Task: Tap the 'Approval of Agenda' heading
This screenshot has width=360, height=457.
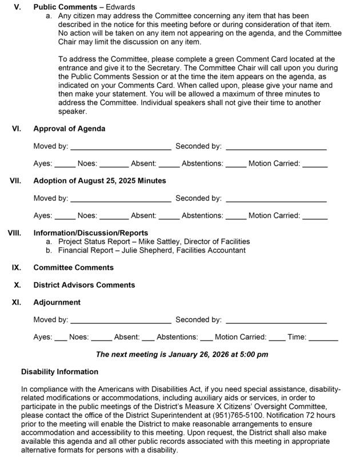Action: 69,129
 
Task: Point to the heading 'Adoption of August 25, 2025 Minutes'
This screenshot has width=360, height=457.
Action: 99,181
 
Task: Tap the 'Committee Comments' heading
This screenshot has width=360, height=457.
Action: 73,267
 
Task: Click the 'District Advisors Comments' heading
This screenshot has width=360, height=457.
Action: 84,284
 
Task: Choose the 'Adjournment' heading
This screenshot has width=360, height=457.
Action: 57,302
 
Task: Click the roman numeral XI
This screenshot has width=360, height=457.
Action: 17,302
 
